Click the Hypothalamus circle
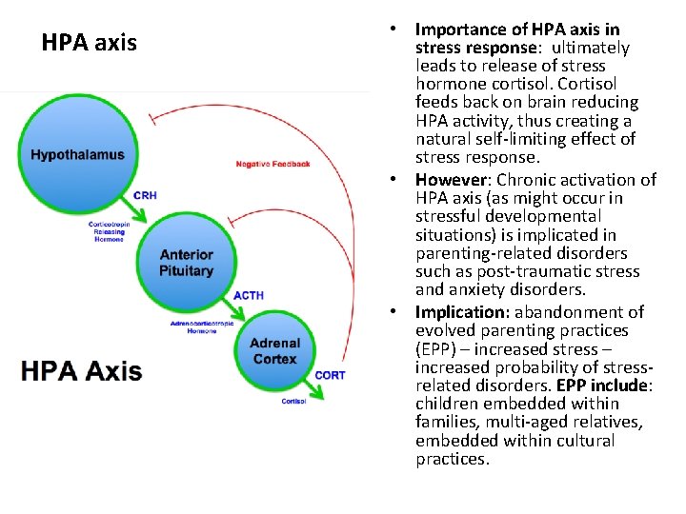coord(77,154)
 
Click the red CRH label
coord(145,195)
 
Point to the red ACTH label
coord(249,295)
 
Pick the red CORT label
coord(330,375)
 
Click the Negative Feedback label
coord(273,164)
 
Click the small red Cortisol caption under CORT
coord(293,401)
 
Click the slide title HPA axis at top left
coord(90,43)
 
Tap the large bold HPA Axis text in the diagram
coord(81,370)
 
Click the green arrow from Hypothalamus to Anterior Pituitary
coord(130,208)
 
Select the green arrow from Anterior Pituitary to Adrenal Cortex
coord(232,307)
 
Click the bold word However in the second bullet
coord(451,180)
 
